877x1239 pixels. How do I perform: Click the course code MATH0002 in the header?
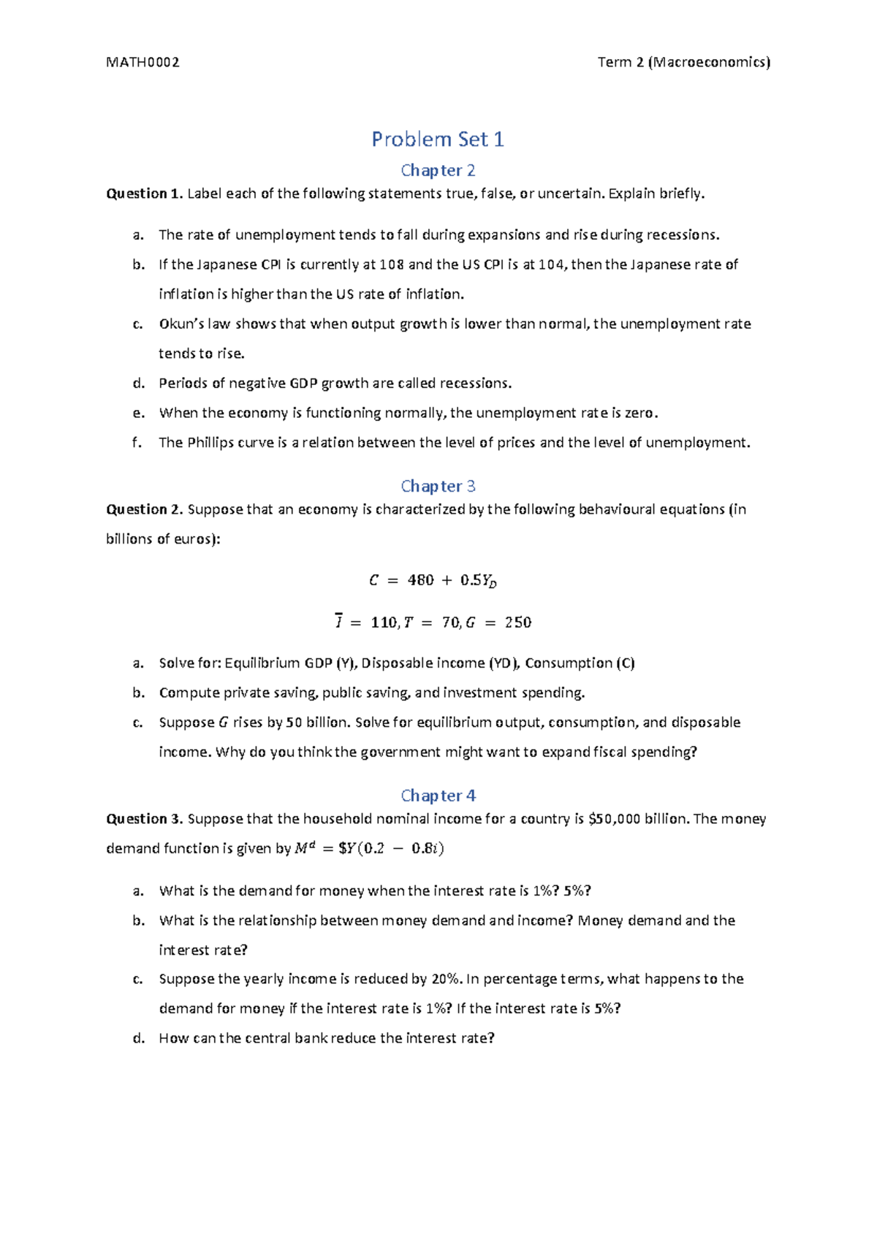143,62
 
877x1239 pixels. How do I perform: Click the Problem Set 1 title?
438,139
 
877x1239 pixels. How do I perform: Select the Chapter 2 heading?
438,170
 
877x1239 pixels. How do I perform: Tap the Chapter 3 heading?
438,486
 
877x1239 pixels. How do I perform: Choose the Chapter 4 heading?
438,795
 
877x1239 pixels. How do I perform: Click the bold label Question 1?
143,194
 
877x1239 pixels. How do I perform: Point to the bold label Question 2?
143,509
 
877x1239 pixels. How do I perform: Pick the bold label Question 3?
143,819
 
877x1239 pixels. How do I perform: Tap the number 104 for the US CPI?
551,264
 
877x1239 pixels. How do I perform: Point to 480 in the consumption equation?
421,580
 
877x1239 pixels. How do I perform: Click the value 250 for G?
518,622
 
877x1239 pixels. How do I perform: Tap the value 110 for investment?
384,622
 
